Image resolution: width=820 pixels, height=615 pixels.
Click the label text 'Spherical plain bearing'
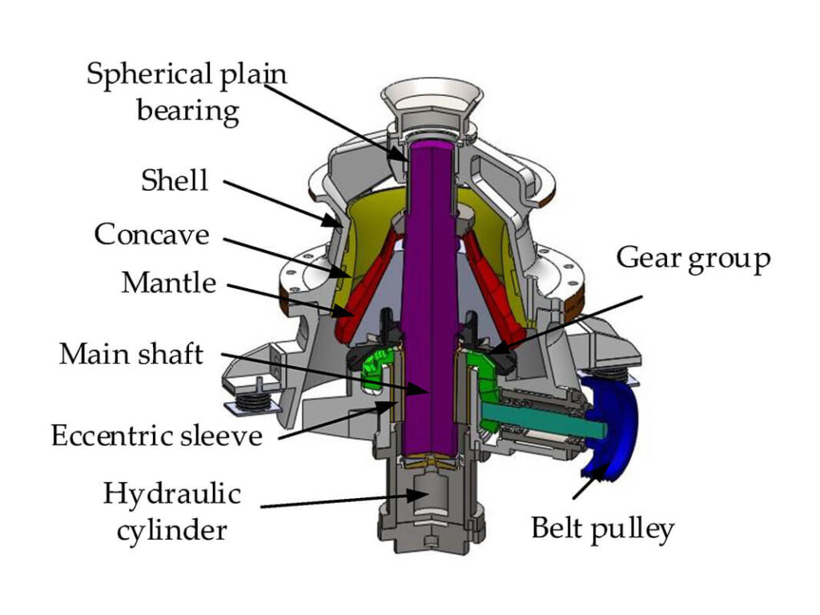coord(187,91)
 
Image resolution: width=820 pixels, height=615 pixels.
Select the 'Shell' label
coord(175,180)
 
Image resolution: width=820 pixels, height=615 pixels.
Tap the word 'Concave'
coord(151,235)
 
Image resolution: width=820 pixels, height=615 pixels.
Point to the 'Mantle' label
coord(168,282)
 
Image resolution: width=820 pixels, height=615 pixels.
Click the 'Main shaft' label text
coord(131,353)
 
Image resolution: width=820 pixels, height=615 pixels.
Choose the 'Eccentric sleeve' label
coord(157,436)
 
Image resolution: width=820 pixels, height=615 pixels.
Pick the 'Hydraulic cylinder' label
coord(171,510)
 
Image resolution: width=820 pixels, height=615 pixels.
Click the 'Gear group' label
coord(693,259)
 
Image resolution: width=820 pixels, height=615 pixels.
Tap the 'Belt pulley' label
coord(602,529)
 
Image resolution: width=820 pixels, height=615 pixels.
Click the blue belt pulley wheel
coord(610,428)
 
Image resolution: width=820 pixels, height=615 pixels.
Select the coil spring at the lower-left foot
coord(255,396)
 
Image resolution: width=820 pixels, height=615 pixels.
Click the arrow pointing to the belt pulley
coord(588,480)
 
